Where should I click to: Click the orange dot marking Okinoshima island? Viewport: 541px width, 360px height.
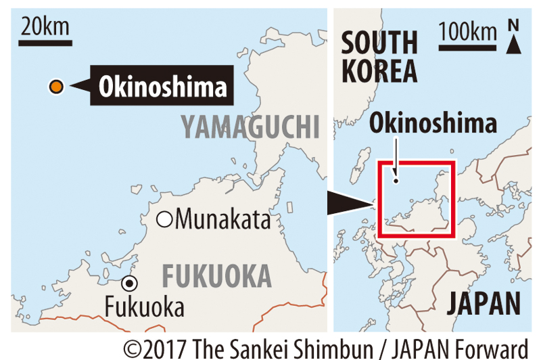(56, 86)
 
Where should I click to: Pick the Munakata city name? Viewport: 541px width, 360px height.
(222, 219)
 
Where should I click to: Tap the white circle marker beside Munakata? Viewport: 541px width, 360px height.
(164, 219)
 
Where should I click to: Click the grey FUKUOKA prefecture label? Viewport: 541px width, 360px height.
(216, 276)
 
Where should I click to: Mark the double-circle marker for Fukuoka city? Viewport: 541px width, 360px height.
(128, 284)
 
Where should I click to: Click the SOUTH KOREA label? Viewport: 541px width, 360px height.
(379, 56)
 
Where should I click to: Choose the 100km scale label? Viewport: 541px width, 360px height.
(467, 31)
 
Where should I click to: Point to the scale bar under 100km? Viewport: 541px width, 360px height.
(467, 47)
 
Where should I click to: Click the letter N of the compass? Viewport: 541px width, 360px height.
(513, 26)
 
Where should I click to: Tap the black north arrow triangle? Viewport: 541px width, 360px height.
(513, 44)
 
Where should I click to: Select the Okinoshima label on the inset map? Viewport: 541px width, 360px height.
(433, 124)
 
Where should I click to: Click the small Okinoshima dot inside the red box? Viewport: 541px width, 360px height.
(396, 181)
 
